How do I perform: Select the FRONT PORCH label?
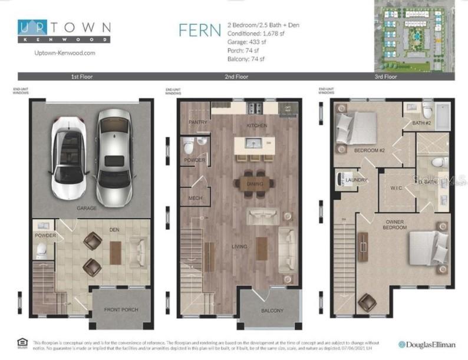tap(121, 310)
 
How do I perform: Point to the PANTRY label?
tap(197, 123)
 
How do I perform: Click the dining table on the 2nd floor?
tap(254, 184)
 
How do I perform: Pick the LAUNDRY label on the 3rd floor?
tap(357, 180)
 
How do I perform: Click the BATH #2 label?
tap(422, 124)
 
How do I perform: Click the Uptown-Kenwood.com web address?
tap(57, 52)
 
